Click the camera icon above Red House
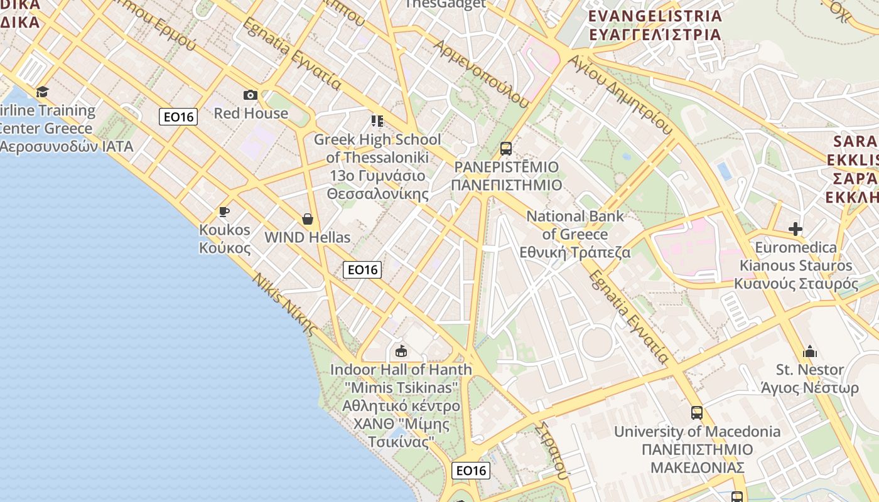coord(251,95)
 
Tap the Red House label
coord(251,114)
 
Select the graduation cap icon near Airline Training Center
coord(42,92)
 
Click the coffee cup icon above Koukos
coord(224,211)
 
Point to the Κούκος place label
coord(225,248)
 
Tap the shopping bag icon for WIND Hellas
coord(308,219)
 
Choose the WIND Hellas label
coord(308,237)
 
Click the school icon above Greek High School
coord(377,120)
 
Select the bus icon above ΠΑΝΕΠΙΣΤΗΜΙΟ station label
coord(506,149)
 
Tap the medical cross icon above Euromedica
coord(795,229)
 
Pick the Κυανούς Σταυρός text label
coord(796,284)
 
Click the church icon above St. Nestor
coord(810,351)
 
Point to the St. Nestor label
coord(810,370)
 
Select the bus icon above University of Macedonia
coord(697,413)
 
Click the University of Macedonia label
coord(697,432)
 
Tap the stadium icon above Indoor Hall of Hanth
coord(401,351)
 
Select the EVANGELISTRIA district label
coord(655,16)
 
